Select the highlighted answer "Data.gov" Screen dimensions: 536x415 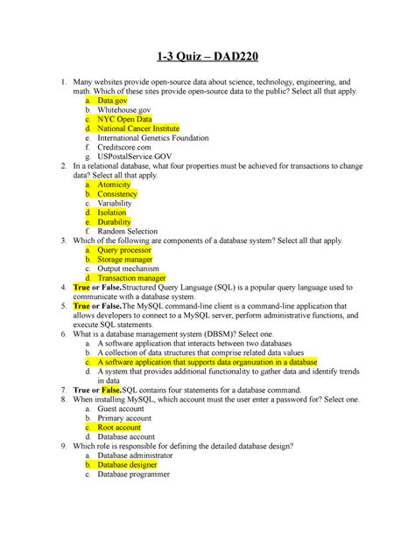115,102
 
